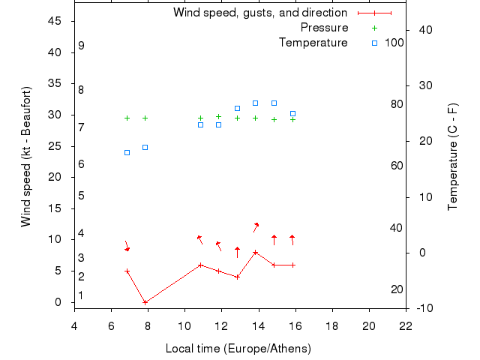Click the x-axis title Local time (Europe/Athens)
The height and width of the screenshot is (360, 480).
coord(238,349)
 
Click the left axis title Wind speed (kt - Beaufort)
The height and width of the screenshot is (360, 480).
coord(25,157)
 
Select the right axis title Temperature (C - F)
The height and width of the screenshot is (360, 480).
coord(453,157)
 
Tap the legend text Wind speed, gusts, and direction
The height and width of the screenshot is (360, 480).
coord(259,13)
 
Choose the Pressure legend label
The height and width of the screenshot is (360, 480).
coord(324,28)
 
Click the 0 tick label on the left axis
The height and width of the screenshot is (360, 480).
coord(59,302)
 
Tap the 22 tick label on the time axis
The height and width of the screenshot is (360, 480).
coord(406,325)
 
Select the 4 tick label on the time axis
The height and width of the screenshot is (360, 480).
coord(74,325)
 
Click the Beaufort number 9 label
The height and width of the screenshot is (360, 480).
coord(81,46)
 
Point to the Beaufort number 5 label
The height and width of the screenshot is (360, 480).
coord(81,196)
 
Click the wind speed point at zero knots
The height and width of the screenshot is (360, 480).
coord(145,302)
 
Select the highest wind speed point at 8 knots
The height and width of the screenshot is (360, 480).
coord(256,252)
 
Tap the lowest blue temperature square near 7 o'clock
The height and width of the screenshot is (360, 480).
coord(127,152)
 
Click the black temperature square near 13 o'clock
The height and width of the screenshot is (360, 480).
coord(237,108)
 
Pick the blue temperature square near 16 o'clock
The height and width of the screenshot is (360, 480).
coord(292,113)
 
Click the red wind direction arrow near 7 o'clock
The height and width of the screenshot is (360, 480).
coord(127,246)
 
